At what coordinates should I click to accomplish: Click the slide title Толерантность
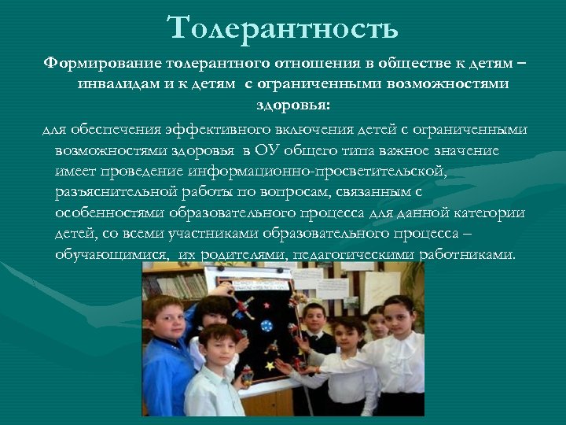coord(283,29)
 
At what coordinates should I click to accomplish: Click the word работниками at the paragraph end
coord(471,254)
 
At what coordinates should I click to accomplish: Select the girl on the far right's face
coord(399,315)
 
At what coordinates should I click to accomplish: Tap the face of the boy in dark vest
coord(314,318)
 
